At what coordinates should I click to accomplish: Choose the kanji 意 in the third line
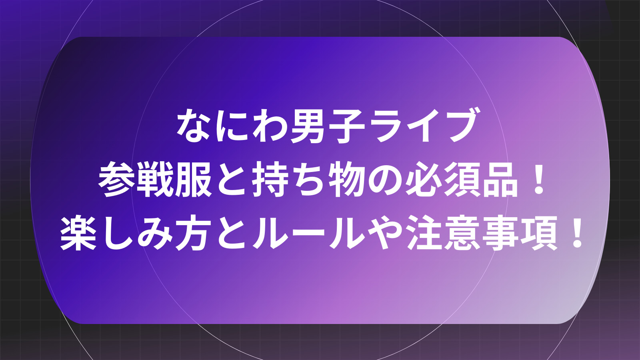click(464, 233)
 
